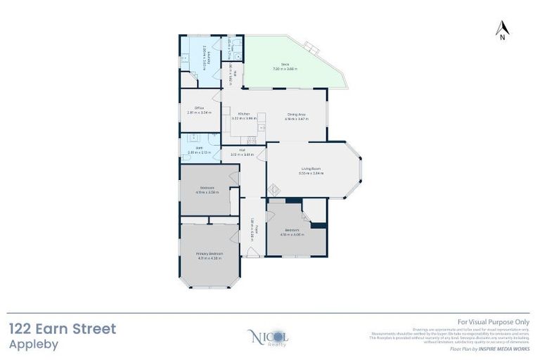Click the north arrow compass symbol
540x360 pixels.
coord(501,30)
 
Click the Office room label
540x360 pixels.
coord(200,108)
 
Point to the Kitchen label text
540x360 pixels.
coord(244,113)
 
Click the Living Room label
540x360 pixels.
coord(311,168)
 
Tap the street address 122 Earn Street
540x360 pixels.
coord(63,329)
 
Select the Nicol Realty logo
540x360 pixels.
coord(269,337)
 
